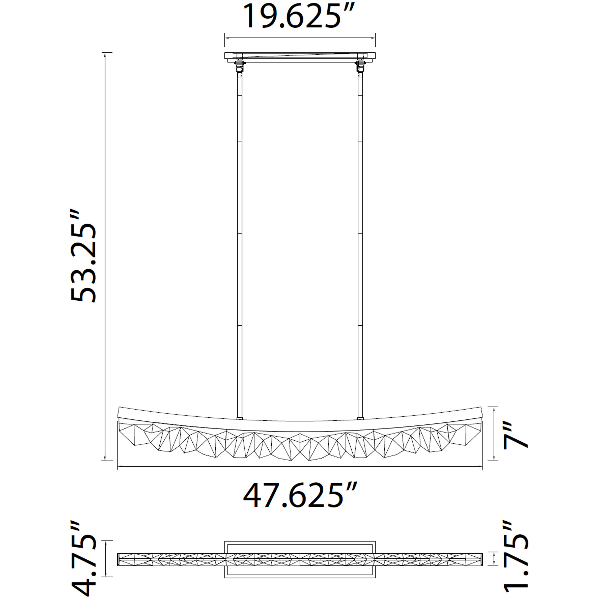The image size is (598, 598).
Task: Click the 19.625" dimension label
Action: [x=299, y=16]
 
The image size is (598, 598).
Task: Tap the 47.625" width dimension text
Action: [x=300, y=495]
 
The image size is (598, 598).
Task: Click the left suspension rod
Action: [x=239, y=248]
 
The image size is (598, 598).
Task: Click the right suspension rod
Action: [x=360, y=248]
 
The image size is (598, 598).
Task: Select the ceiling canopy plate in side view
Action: [x=300, y=56]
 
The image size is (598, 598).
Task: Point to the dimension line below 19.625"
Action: [x=300, y=38]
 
